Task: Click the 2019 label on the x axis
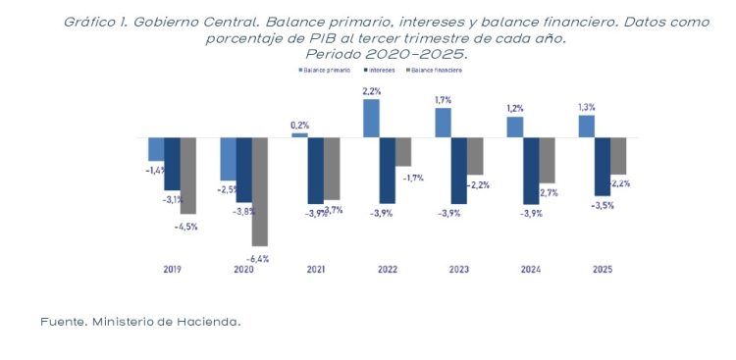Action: (171, 269)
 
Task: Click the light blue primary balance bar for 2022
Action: (371, 118)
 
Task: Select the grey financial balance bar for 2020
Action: (260, 191)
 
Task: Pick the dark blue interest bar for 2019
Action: (172, 163)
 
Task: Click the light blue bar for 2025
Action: (587, 127)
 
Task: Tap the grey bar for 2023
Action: (476, 156)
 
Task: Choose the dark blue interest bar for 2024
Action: (531, 171)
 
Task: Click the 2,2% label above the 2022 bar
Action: (372, 91)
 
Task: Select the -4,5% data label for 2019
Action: (185, 227)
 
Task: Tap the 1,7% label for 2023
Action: (444, 100)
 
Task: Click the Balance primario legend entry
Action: (327, 71)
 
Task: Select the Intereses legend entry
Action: (382, 71)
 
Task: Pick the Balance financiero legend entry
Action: (438, 71)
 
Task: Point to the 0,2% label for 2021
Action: (299, 125)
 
